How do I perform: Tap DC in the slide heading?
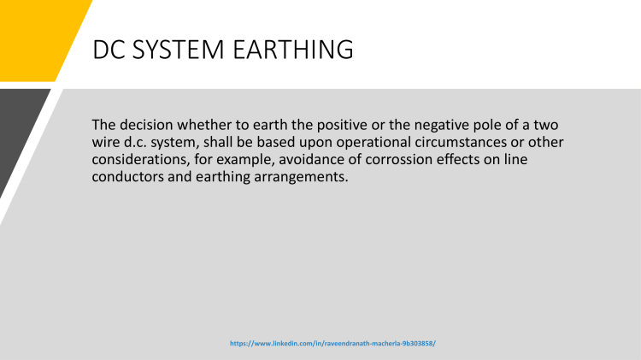[x=112, y=50]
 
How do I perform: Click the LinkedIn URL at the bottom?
[x=333, y=342]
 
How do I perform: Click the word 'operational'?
[x=363, y=142]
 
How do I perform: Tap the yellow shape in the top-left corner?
[x=34, y=34]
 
